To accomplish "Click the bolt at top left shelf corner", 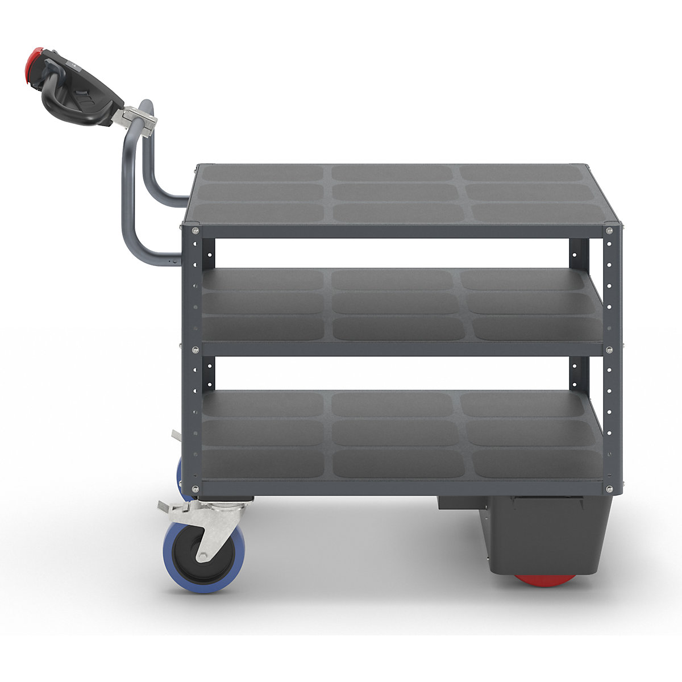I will coord(195,230).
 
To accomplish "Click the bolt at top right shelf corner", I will coord(609,230).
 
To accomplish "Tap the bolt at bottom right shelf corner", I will coord(609,489).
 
